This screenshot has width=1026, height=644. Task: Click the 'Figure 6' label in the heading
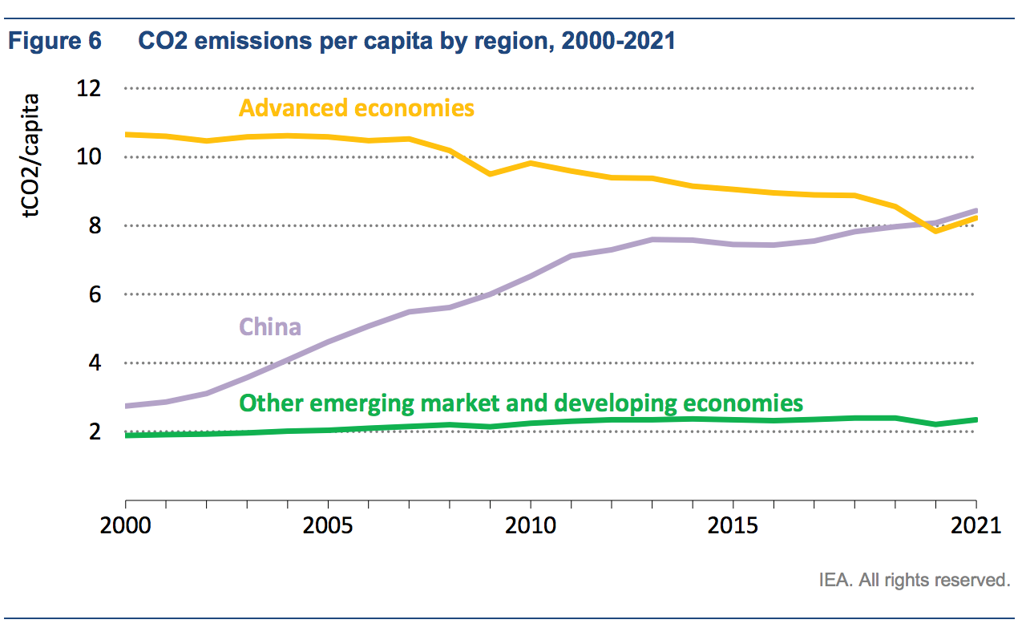(55, 41)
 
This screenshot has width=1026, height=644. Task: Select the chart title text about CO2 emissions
(407, 41)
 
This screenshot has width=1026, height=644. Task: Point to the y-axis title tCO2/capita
(30, 156)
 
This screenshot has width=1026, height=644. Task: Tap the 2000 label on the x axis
(126, 527)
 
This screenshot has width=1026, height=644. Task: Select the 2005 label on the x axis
(328, 527)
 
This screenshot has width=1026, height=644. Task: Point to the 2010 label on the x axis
(530, 527)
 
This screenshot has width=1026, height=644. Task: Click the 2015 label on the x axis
(733, 527)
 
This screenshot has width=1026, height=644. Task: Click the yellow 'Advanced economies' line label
(357, 107)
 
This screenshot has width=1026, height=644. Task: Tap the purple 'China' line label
(270, 327)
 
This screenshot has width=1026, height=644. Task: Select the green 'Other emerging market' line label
(521, 403)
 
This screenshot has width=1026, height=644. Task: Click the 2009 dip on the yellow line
(490, 173)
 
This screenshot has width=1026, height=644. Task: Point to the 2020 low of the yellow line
(935, 230)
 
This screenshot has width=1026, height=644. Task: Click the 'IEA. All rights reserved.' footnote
(914, 579)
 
